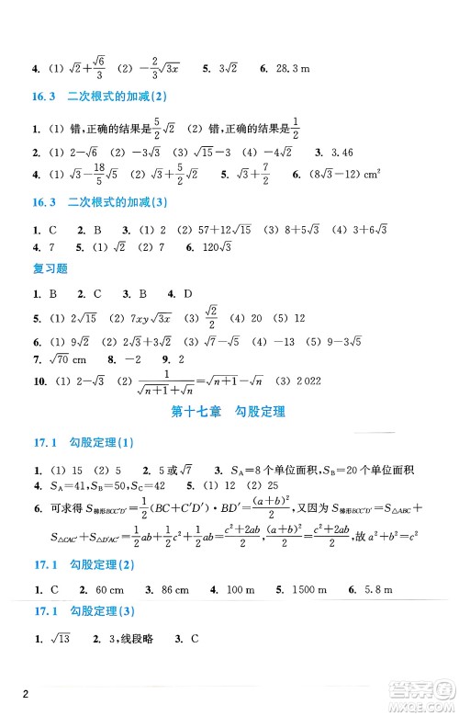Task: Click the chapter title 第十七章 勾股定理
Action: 230,411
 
